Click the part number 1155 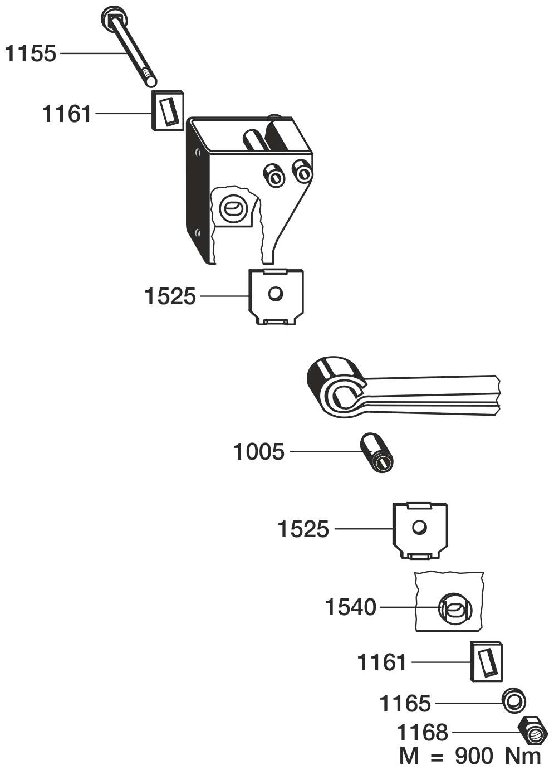[30, 53]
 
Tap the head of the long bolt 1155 [112, 18]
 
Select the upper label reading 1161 [67, 114]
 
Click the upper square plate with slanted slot [168, 111]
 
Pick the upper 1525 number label [170, 296]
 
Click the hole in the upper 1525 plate [275, 294]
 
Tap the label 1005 [258, 451]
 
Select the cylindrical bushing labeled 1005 [377, 454]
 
